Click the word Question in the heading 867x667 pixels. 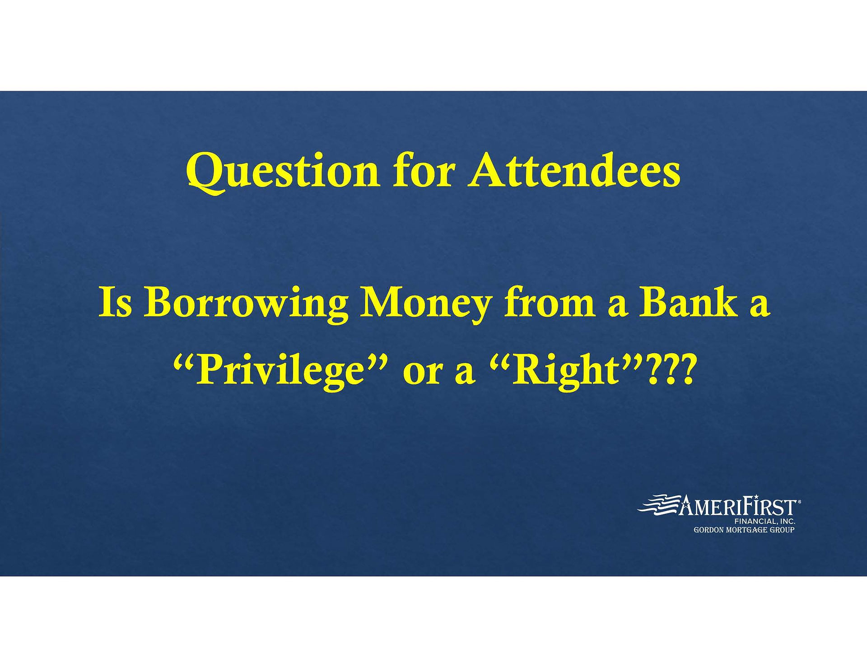tap(283, 173)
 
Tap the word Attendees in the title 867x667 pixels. tap(574, 170)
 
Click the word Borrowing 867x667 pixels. tap(246, 304)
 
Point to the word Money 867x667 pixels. tap(425, 304)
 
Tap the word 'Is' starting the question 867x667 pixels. tap(115, 302)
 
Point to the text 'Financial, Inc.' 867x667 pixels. tap(765, 521)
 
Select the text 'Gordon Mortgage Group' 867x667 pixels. tap(744, 530)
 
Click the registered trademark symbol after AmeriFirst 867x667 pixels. tap(800, 501)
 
